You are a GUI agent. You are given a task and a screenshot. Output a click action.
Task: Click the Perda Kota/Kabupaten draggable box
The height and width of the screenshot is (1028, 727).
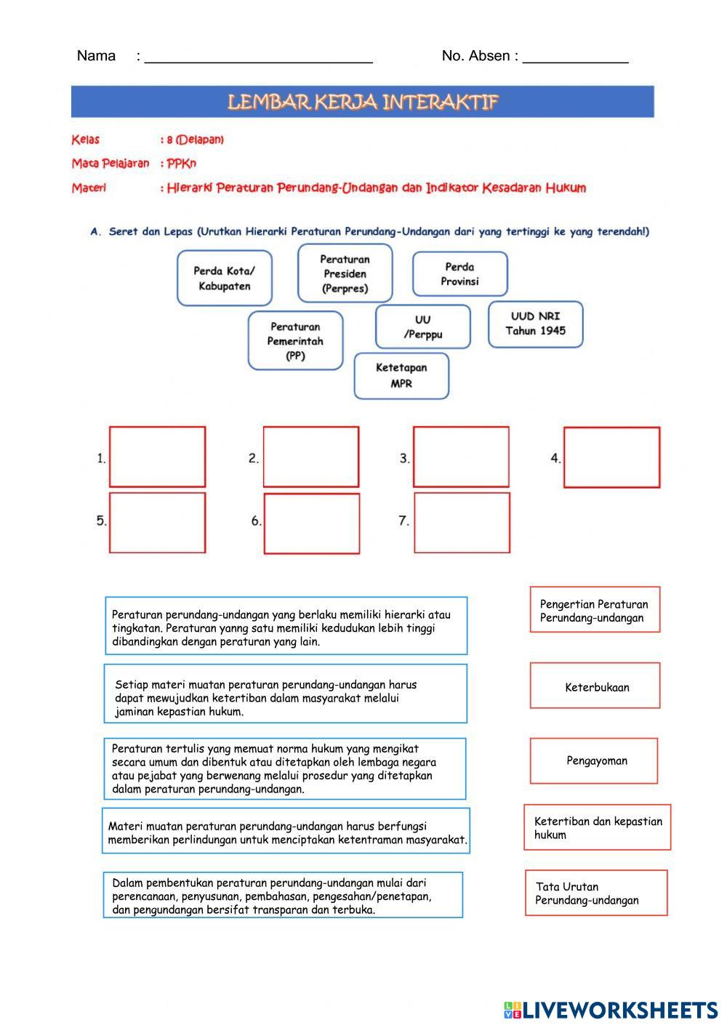point(225,278)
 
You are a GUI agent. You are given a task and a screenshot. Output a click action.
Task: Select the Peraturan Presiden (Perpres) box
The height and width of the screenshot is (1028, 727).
point(345,273)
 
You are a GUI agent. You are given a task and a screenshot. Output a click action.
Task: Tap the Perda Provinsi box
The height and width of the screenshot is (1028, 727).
point(460,274)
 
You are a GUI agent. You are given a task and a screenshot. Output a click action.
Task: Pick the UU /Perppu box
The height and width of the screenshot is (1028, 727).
point(422,326)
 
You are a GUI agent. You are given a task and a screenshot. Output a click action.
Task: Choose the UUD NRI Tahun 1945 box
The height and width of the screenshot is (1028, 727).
point(536,324)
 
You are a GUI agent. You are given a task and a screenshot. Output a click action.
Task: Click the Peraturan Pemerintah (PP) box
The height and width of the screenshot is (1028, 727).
point(296,340)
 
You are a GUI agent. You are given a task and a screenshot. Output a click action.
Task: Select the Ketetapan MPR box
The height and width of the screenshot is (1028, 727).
point(401,376)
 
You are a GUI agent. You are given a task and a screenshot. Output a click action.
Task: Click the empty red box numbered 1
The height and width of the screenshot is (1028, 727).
point(158,457)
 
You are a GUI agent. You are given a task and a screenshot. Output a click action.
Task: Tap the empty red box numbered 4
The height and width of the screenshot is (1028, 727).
point(612,457)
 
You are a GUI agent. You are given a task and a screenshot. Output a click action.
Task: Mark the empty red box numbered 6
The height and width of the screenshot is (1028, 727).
point(312,523)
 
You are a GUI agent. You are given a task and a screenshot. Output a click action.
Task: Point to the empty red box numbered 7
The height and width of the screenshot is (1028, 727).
point(462,523)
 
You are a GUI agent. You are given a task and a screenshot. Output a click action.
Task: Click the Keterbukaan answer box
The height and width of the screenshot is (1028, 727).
point(595,686)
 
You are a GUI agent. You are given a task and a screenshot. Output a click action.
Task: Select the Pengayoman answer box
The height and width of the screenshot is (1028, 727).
point(594,761)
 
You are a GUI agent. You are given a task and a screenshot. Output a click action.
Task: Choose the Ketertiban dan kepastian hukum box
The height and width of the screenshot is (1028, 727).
point(598,827)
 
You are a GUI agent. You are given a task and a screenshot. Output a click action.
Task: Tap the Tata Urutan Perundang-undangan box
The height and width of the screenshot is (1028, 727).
point(596,893)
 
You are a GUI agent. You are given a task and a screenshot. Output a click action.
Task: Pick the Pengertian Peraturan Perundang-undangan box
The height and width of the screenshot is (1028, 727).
point(595,609)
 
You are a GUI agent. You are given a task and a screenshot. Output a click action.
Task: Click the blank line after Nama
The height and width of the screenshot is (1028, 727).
point(258,63)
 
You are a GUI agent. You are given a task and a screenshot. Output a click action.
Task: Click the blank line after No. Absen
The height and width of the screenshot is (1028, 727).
point(576,63)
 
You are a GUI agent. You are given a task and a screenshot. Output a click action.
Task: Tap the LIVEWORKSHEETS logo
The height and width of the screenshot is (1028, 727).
point(611,1010)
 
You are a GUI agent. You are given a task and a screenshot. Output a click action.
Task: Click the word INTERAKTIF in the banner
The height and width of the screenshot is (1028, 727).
point(440,102)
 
